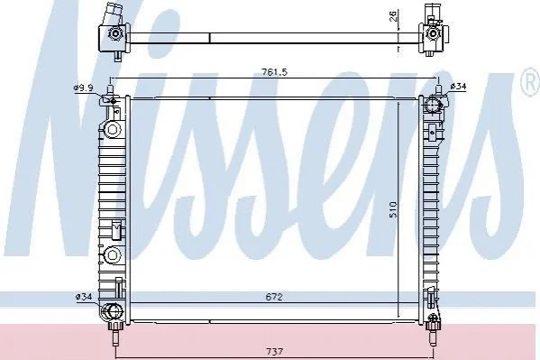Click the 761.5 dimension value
tap(274, 72)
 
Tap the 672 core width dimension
tap(274, 297)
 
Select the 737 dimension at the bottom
tap(274, 351)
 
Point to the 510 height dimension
tap(393, 209)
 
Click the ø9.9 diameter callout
tap(83, 88)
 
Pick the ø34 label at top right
tap(458, 87)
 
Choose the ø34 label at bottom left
tap(84, 296)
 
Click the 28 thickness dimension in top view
tap(394, 15)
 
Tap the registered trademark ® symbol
tap(531, 81)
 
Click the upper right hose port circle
tap(433, 105)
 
